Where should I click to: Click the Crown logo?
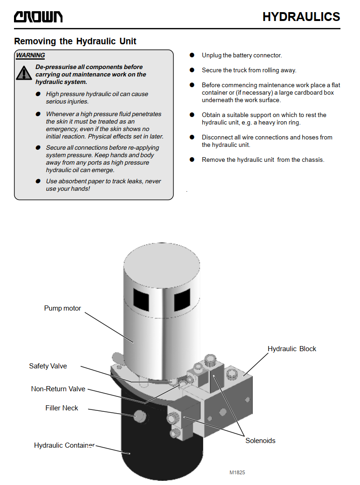pyautogui.click(x=38, y=17)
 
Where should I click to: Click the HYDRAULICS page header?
pyautogui.click(x=301, y=17)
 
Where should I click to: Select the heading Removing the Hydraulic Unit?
pyautogui.click(x=75, y=41)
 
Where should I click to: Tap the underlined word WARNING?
pyautogui.click(x=30, y=55)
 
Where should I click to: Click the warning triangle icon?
pyautogui.click(x=24, y=73)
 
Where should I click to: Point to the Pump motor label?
pyautogui.click(x=62, y=308)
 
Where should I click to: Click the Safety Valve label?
pyautogui.click(x=48, y=366)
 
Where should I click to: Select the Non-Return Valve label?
pyautogui.click(x=58, y=389)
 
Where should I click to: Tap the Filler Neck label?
pyautogui.click(x=62, y=408)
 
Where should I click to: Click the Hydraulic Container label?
pyautogui.click(x=64, y=445)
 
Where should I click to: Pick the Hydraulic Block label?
pyautogui.click(x=292, y=349)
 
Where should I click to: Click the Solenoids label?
pyautogui.click(x=260, y=440)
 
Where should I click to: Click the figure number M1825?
pyautogui.click(x=237, y=472)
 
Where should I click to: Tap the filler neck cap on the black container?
pyautogui.click(x=140, y=416)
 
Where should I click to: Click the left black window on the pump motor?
pyautogui.click(x=141, y=300)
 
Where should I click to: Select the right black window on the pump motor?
pyautogui.click(x=182, y=300)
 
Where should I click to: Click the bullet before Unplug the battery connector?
pyautogui.click(x=192, y=55)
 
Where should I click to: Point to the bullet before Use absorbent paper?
pyautogui.click(x=38, y=181)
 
